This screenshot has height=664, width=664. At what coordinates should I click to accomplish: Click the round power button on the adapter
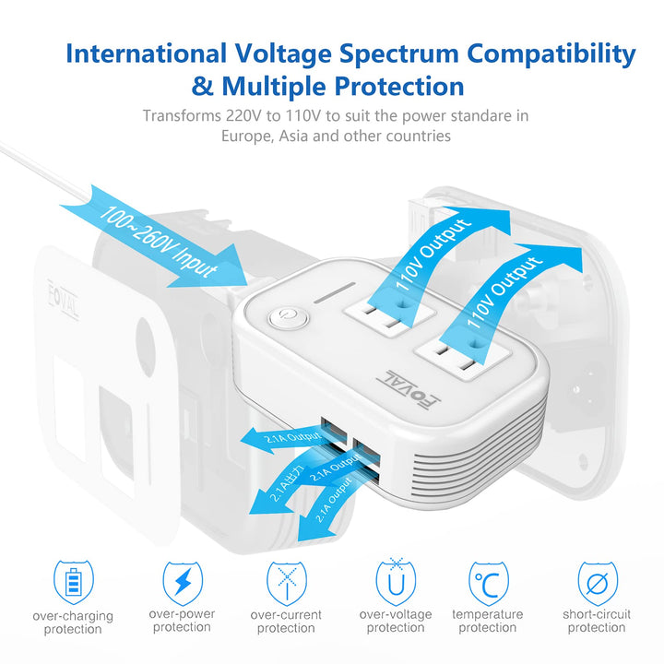[x=289, y=318]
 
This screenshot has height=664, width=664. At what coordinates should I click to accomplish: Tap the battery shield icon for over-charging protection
[x=73, y=582]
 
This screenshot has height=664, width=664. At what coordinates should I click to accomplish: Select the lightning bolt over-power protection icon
[x=183, y=583]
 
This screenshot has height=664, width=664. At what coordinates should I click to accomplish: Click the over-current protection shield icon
[x=287, y=583]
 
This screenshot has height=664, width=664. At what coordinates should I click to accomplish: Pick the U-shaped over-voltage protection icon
[x=396, y=582]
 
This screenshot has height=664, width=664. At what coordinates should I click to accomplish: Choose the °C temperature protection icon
[x=489, y=583]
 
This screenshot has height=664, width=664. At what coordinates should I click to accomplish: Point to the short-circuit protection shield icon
[x=598, y=583]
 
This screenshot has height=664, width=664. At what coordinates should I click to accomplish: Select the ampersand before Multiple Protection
[x=202, y=86]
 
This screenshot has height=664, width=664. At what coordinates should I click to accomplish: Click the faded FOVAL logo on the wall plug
[x=63, y=299]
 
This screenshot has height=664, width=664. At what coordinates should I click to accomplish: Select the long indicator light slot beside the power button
[x=334, y=292]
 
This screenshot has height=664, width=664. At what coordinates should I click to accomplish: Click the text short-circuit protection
[x=597, y=621]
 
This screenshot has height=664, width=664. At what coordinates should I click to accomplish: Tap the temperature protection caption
[x=488, y=621]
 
